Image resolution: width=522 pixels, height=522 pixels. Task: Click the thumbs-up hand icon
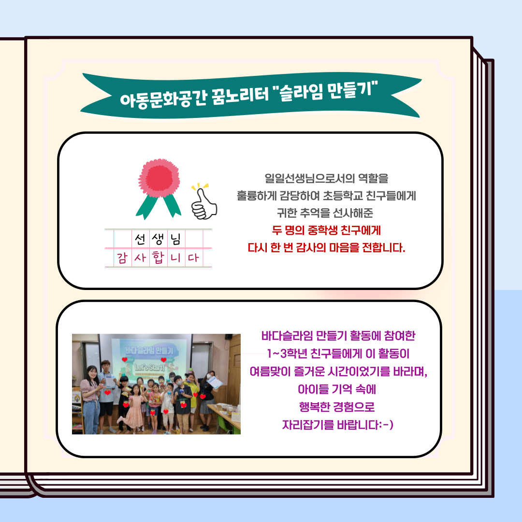coord(204,203)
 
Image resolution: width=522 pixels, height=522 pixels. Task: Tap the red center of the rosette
coord(159,177)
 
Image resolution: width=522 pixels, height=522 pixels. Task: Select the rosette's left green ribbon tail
coord(146,207)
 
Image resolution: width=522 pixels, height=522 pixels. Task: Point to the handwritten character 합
coord(158,257)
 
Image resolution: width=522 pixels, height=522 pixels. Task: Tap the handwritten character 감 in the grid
coord(122,258)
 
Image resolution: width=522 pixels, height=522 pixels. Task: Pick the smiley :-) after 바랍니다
coord(386,425)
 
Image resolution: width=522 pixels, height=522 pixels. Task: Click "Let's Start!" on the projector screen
coord(150,367)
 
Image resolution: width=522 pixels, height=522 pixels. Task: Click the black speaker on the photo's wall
coord(228,336)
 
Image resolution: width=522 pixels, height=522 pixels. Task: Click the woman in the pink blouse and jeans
coord(91,400)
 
